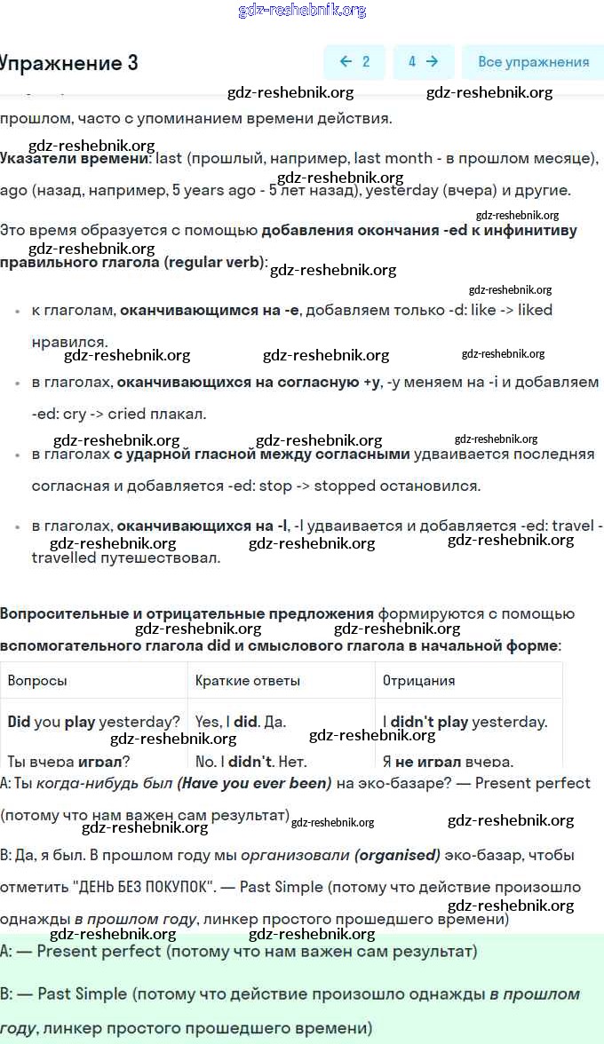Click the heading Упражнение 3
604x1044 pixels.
click(69, 63)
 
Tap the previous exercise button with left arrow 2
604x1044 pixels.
click(354, 62)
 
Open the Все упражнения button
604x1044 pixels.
click(533, 62)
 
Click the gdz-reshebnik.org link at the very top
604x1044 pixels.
click(302, 11)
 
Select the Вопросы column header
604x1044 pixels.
click(37, 680)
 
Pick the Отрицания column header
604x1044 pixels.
click(418, 680)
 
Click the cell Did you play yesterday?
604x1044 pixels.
click(93, 722)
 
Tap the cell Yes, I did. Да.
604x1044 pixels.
click(240, 722)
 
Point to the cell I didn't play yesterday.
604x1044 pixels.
click(465, 722)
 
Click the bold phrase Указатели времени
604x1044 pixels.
click(75, 158)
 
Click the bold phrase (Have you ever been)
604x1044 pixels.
click(254, 783)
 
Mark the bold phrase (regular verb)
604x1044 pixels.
click(214, 262)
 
